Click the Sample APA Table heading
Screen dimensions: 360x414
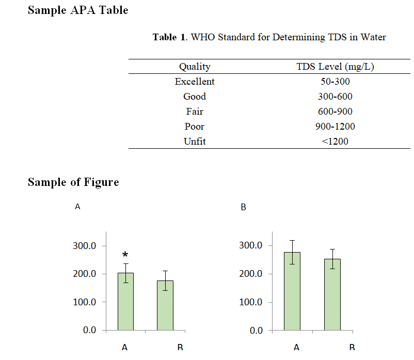click(78, 10)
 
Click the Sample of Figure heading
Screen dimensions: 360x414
click(73, 182)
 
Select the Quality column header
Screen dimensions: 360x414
click(195, 67)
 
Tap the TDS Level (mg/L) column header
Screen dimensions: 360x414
click(335, 67)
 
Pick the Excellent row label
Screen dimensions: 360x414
click(195, 82)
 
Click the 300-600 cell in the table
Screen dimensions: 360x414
click(335, 97)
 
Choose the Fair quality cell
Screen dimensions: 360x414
click(195, 112)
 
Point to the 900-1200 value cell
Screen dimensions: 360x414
click(335, 127)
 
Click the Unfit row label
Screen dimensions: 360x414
click(195, 142)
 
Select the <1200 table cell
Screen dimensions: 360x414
click(335, 142)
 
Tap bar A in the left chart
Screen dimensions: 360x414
click(125, 302)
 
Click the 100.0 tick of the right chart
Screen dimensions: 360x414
click(251, 302)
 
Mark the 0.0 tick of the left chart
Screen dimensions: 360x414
click(90, 331)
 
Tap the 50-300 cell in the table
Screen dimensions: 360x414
click(335, 82)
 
